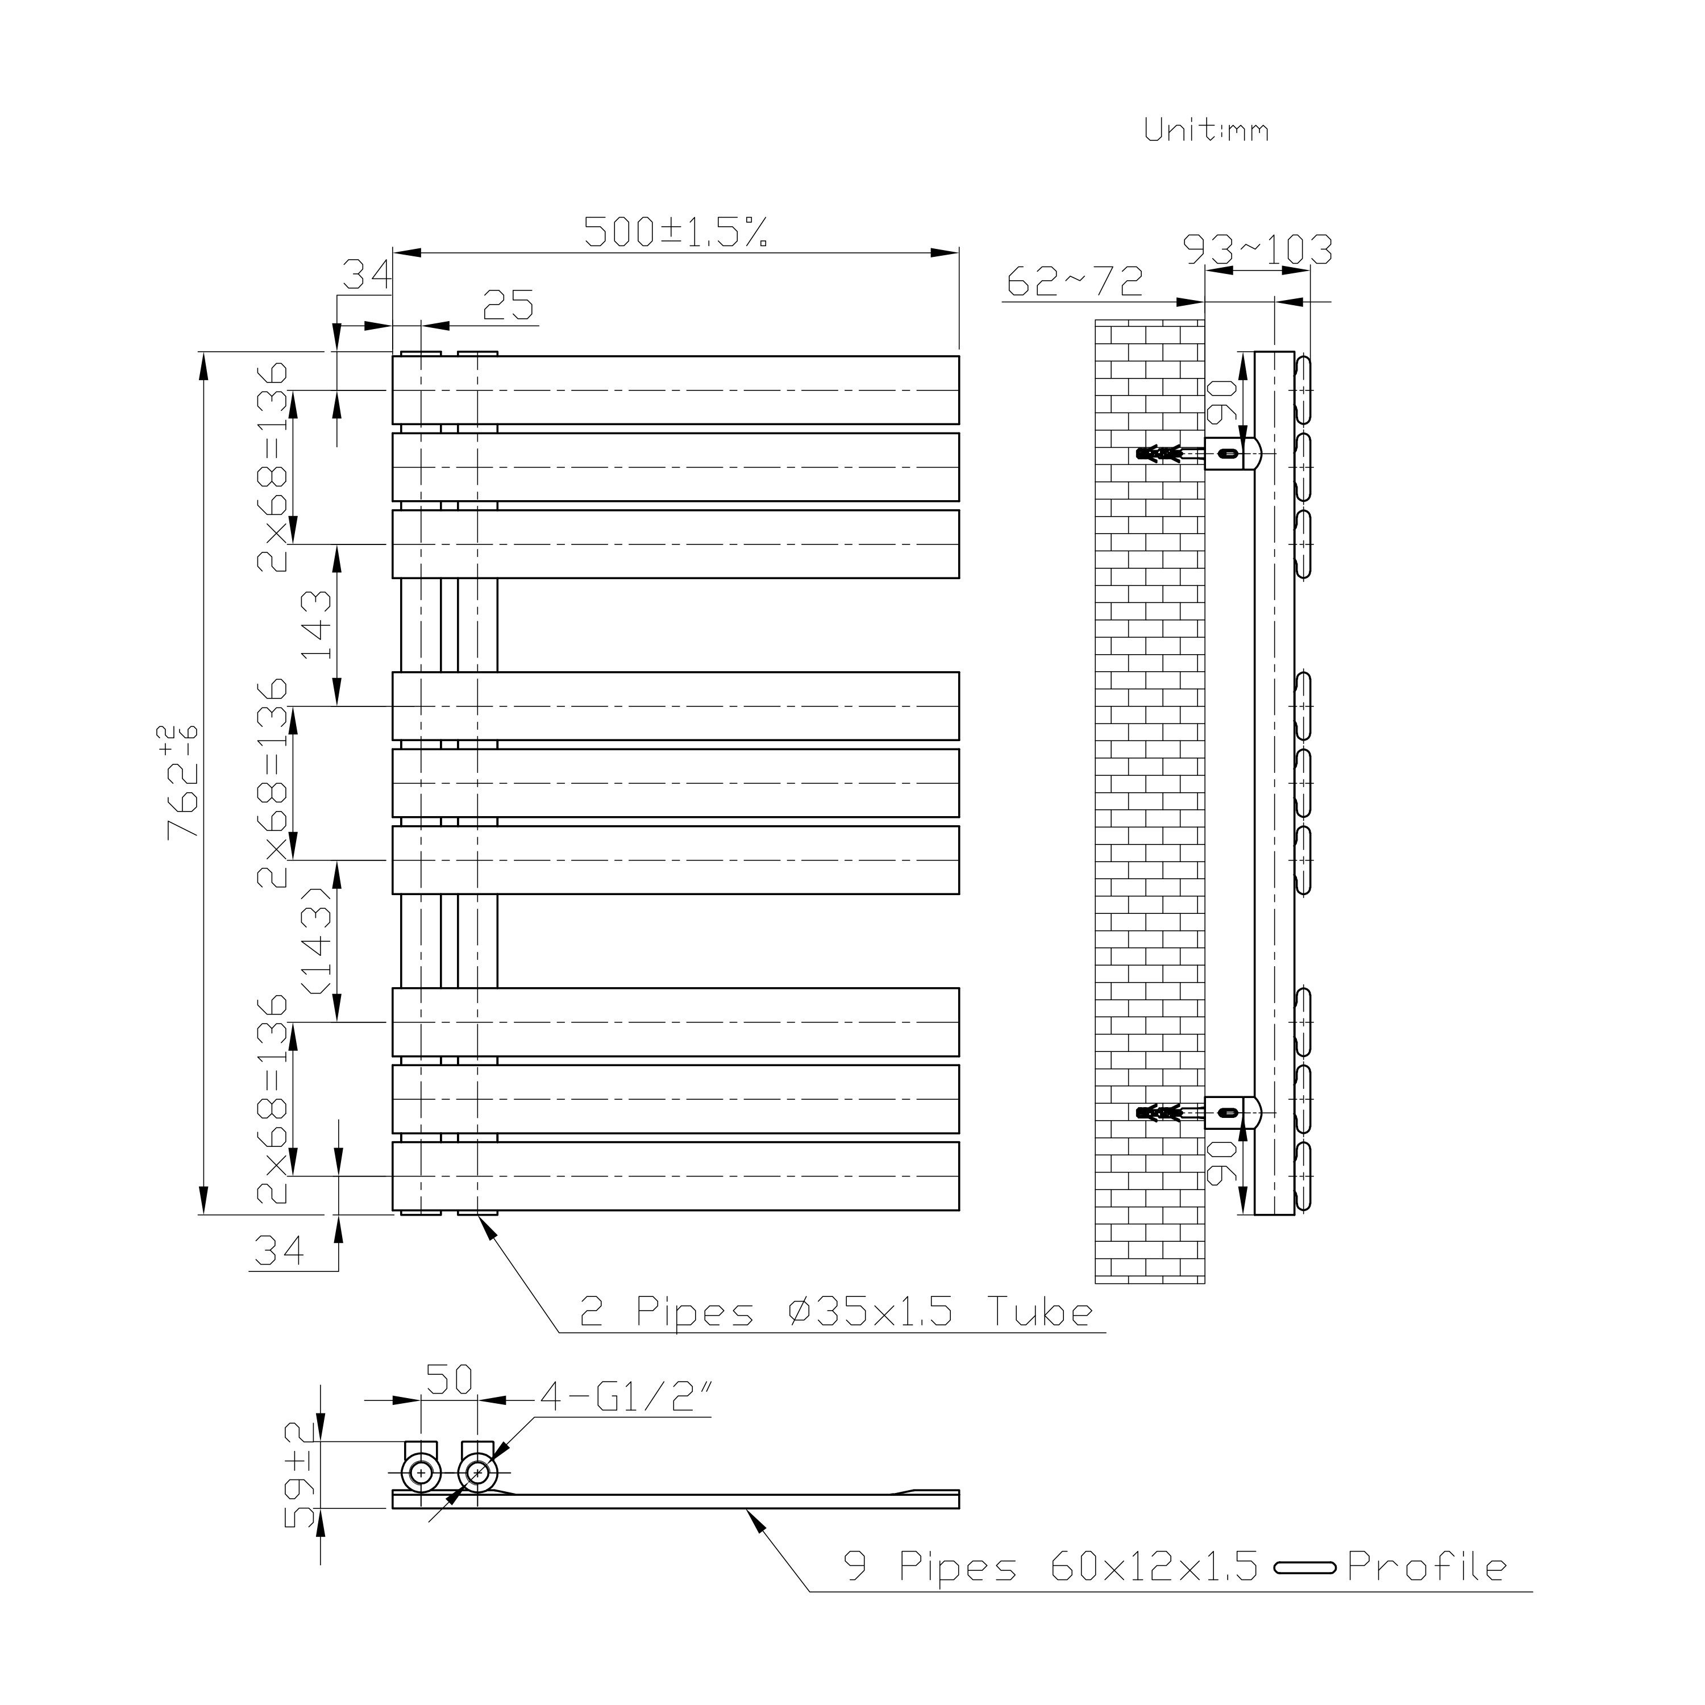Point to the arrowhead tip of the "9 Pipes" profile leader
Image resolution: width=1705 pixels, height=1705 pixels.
(746, 1510)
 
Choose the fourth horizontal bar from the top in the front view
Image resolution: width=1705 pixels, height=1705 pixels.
(676, 706)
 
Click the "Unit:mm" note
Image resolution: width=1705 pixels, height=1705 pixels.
(1207, 130)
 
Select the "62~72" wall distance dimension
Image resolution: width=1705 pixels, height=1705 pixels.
(1075, 281)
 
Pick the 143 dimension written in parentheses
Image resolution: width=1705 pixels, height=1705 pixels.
(318, 940)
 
